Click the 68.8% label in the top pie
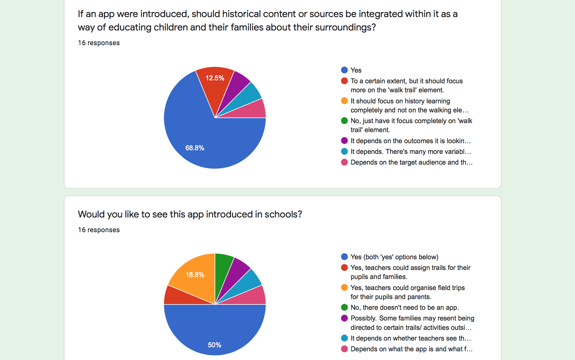tap(195, 148)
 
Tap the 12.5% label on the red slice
tap(215, 78)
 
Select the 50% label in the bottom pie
tap(214, 345)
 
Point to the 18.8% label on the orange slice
tap(195, 275)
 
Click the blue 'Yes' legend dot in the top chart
tap(344, 70)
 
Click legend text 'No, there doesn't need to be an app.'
tap(405, 307)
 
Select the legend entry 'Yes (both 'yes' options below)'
tap(394, 257)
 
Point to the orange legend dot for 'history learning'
tap(344, 101)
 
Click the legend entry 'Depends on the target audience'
tap(411, 162)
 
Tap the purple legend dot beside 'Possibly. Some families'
tap(344, 318)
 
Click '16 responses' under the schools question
tap(99, 230)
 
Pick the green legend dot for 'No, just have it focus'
tap(344, 121)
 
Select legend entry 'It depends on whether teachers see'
tap(410, 338)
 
